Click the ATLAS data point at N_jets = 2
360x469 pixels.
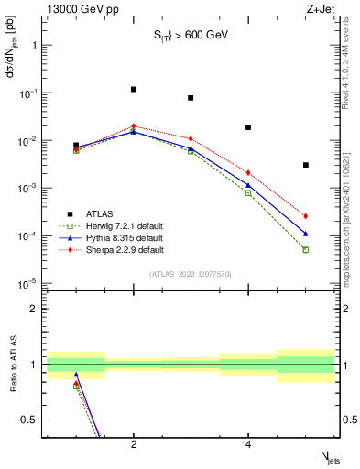tap(134, 90)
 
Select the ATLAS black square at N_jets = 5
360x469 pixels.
tap(306, 165)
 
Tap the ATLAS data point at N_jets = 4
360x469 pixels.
tap(248, 127)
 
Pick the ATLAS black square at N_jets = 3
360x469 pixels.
tap(191, 98)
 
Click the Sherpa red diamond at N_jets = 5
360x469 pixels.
tap(306, 216)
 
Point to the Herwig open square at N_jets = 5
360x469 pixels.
tap(306, 249)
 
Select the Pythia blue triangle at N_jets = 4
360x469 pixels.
tap(248, 185)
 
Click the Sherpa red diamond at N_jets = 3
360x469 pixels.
tap(191, 138)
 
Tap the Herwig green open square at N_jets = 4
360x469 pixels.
tap(248, 192)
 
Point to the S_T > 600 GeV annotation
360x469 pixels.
tap(190, 36)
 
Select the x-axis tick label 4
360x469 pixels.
tap(248, 445)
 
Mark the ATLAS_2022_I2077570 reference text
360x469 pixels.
tap(190, 273)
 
